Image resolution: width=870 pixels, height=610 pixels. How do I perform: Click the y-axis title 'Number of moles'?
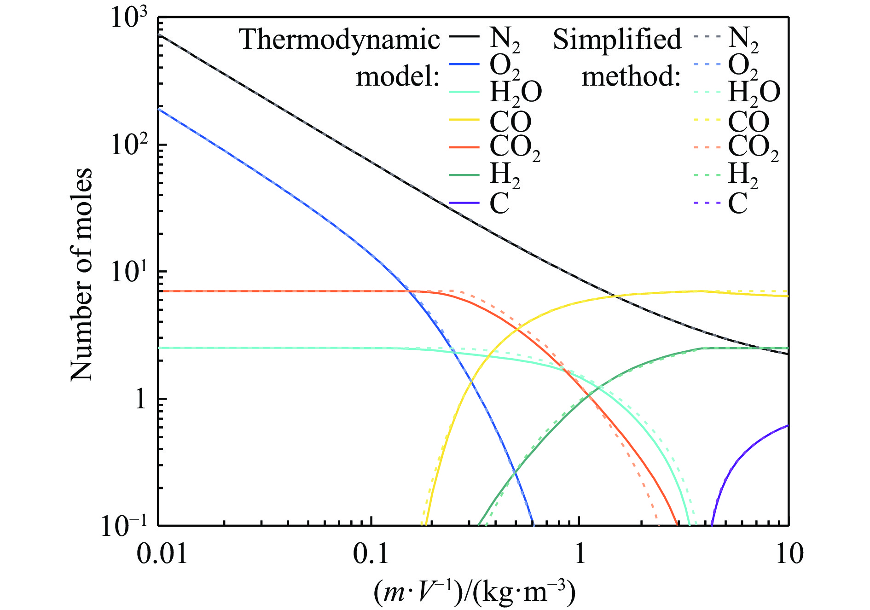click(x=81, y=275)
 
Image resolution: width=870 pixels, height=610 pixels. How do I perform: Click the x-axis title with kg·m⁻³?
click(x=474, y=592)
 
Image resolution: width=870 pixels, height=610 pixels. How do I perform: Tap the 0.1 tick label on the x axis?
click(x=371, y=553)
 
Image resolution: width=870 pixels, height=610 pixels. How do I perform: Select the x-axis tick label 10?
click(x=789, y=553)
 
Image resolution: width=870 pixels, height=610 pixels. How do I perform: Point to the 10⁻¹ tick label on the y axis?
click(x=124, y=526)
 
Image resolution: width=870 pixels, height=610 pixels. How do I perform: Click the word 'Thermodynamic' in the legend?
click(x=340, y=40)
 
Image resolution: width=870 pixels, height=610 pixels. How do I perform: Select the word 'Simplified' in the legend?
click(x=617, y=40)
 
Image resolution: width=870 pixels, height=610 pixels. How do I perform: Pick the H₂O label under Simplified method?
click(x=754, y=92)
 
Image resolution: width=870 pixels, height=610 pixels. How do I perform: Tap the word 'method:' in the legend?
click(x=631, y=76)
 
